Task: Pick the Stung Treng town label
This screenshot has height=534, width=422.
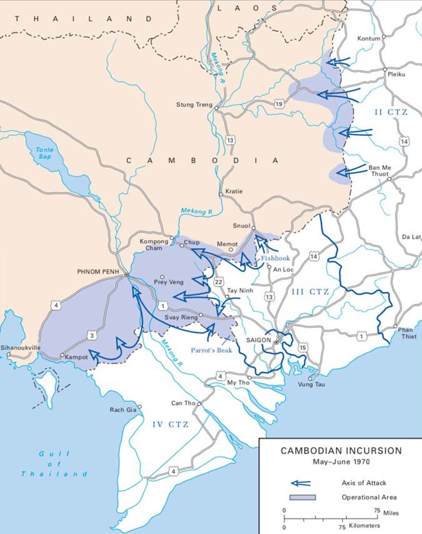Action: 194,105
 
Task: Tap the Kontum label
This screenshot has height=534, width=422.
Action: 369,39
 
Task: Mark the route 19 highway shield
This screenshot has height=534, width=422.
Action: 279,104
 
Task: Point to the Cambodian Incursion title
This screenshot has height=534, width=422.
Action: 341,450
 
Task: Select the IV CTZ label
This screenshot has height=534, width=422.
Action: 171,424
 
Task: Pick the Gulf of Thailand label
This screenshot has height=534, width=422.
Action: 54,463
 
